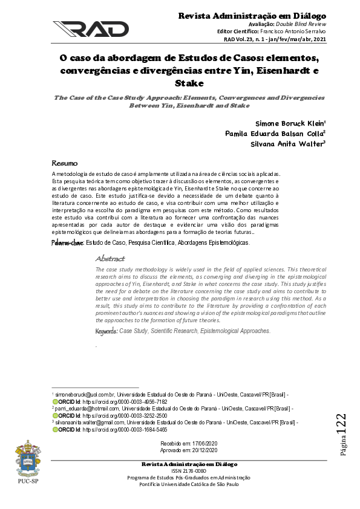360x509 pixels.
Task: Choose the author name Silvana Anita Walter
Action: pos(287,144)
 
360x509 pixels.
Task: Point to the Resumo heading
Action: pos(65,163)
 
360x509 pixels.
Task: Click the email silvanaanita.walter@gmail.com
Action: pos(93,423)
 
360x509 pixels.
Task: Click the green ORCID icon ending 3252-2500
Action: pos(56,416)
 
